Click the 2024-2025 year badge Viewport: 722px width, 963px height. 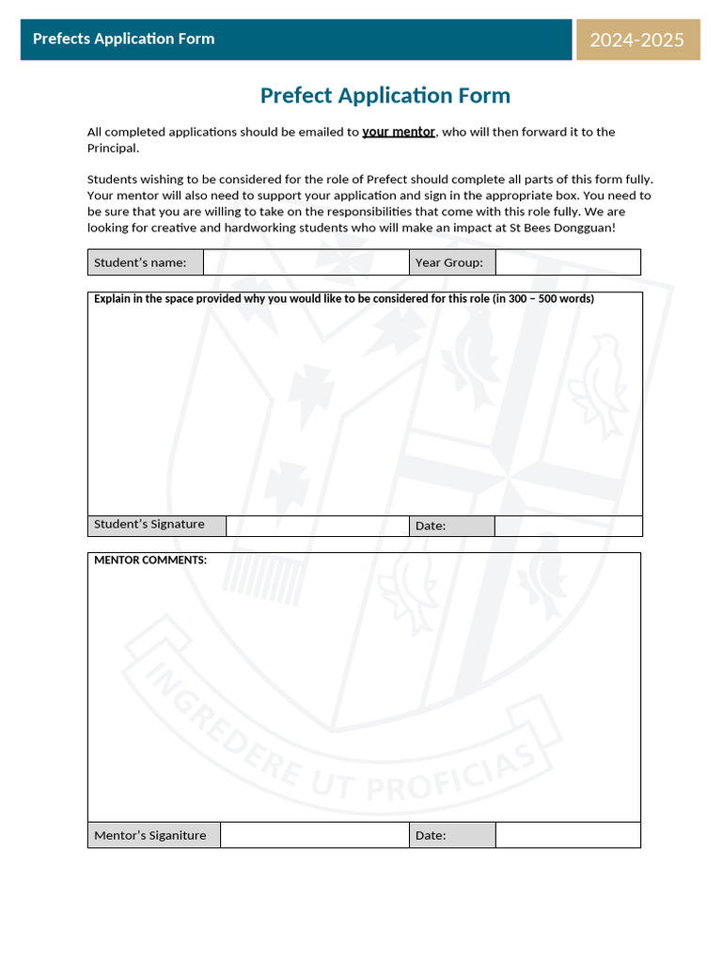[x=637, y=39]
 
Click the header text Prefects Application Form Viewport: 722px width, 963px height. [x=123, y=39]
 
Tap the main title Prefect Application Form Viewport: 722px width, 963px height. [x=385, y=95]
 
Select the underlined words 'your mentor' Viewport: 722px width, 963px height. [x=399, y=132]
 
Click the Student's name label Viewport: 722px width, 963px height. [x=140, y=262]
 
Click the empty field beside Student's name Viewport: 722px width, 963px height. [x=306, y=262]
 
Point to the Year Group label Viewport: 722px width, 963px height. [x=448, y=262]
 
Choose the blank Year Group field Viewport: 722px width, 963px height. [x=568, y=262]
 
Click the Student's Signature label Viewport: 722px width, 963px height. [x=149, y=524]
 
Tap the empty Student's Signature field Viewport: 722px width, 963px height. [x=317, y=526]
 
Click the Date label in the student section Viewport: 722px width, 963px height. [x=431, y=526]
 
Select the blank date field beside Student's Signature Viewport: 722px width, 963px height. [x=568, y=526]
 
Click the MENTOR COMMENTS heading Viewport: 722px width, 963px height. [x=150, y=560]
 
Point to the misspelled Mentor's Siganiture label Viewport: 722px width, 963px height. [x=149, y=835]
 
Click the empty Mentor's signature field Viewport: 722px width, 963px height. [x=314, y=835]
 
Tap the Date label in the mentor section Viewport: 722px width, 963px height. [x=431, y=835]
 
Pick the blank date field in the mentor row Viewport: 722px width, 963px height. [x=568, y=835]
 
